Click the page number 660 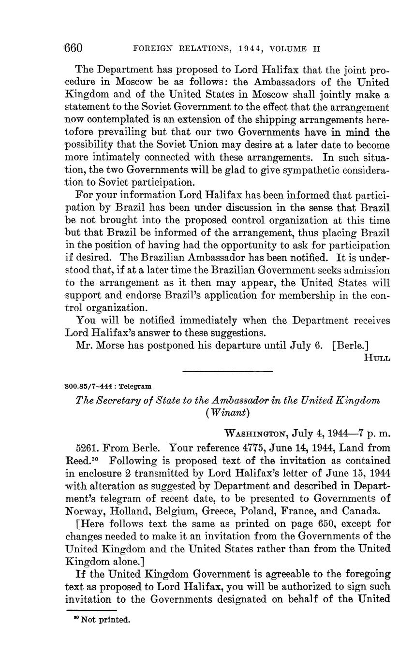point(74,48)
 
